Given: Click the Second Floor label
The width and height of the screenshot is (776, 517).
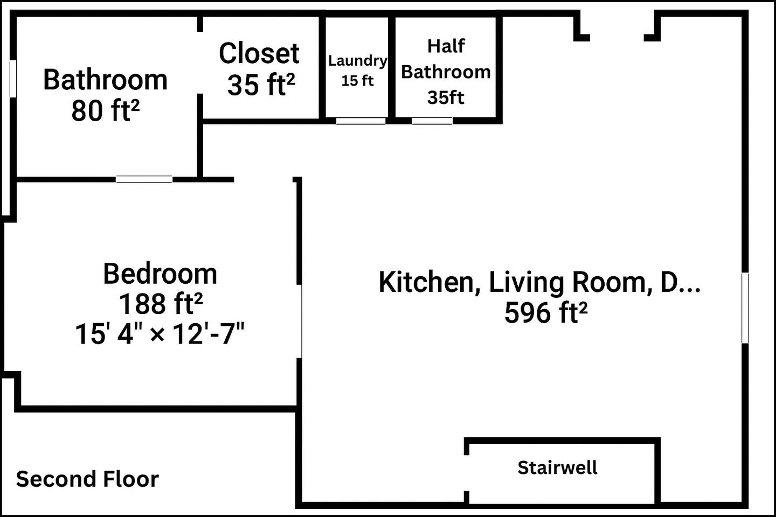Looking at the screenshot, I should click(x=87, y=479).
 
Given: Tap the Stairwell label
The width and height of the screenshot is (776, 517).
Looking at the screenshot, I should click(x=557, y=467).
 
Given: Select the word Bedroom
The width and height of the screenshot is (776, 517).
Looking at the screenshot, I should click(x=160, y=274).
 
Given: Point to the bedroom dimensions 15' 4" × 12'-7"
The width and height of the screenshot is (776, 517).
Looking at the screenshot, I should click(x=160, y=334).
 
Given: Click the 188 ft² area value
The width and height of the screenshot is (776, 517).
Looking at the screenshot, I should click(x=160, y=304).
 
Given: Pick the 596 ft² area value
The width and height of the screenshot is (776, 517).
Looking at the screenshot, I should click(x=545, y=312).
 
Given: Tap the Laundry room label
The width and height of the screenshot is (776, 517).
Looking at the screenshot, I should click(x=357, y=61).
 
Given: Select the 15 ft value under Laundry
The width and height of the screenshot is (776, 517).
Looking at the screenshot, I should click(x=357, y=81).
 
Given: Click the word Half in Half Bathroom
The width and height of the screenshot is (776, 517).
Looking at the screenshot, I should click(x=446, y=46).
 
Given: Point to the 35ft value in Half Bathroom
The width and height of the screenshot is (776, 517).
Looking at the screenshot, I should click(x=446, y=97).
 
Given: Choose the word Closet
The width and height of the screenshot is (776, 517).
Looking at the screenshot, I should click(x=259, y=53).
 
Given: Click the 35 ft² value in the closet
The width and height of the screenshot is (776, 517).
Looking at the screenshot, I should click(x=261, y=85).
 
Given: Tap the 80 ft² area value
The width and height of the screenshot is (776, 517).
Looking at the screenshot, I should click(x=105, y=110).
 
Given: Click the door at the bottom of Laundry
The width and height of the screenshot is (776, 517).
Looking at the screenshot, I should click(x=361, y=121).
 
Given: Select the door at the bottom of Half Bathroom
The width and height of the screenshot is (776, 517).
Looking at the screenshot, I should click(x=432, y=121).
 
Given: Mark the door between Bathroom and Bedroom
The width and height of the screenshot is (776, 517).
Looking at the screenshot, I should click(x=144, y=179).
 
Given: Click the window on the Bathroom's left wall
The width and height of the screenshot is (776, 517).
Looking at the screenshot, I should click(x=13, y=79).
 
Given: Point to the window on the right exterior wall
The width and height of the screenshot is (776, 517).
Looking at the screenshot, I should click(x=745, y=308).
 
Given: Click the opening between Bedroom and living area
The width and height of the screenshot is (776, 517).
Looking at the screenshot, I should click(x=300, y=321).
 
